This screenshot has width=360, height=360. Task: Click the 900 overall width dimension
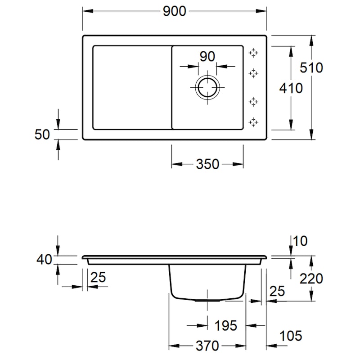pos(174,12)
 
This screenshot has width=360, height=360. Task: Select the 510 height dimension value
pos(312,67)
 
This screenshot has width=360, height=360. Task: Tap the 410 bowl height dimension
pos(291,88)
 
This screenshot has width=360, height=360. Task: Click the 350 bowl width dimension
pos(207,164)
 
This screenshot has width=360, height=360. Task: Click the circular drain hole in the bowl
pos(207,86)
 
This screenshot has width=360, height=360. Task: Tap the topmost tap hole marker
pos(254,53)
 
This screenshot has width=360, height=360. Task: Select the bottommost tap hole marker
pos(254,121)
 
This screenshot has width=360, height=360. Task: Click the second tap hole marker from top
pos(254,73)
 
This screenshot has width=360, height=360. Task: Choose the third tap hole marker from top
pos(254,102)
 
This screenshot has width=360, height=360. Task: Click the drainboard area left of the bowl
pos(131,87)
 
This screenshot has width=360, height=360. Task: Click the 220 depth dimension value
pos(311,279)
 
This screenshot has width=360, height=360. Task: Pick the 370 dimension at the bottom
pos(207,346)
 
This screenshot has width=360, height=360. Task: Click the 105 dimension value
pos(290,335)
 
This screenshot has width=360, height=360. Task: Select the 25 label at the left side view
pos(98,278)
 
